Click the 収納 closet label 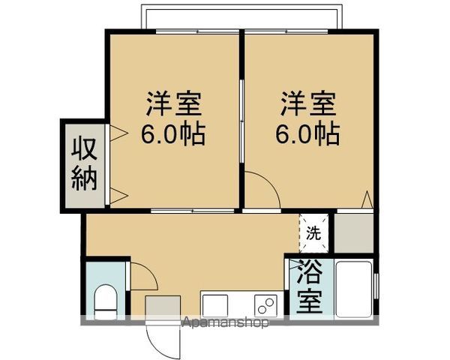(85, 164)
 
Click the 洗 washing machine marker (313, 232)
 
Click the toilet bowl (105, 300)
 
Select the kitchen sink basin (214, 304)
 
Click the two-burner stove (265, 305)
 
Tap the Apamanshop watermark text (226, 324)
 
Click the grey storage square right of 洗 (353, 232)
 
